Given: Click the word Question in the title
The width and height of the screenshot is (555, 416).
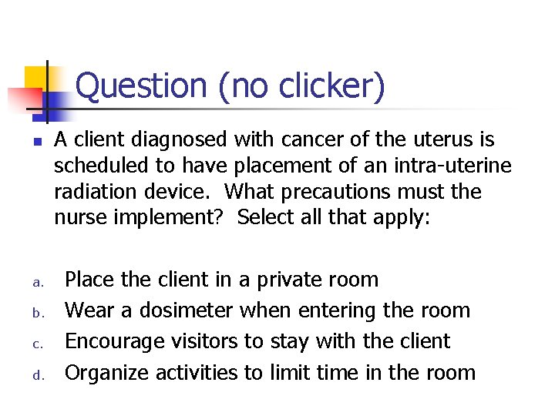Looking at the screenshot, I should coord(142,86).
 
